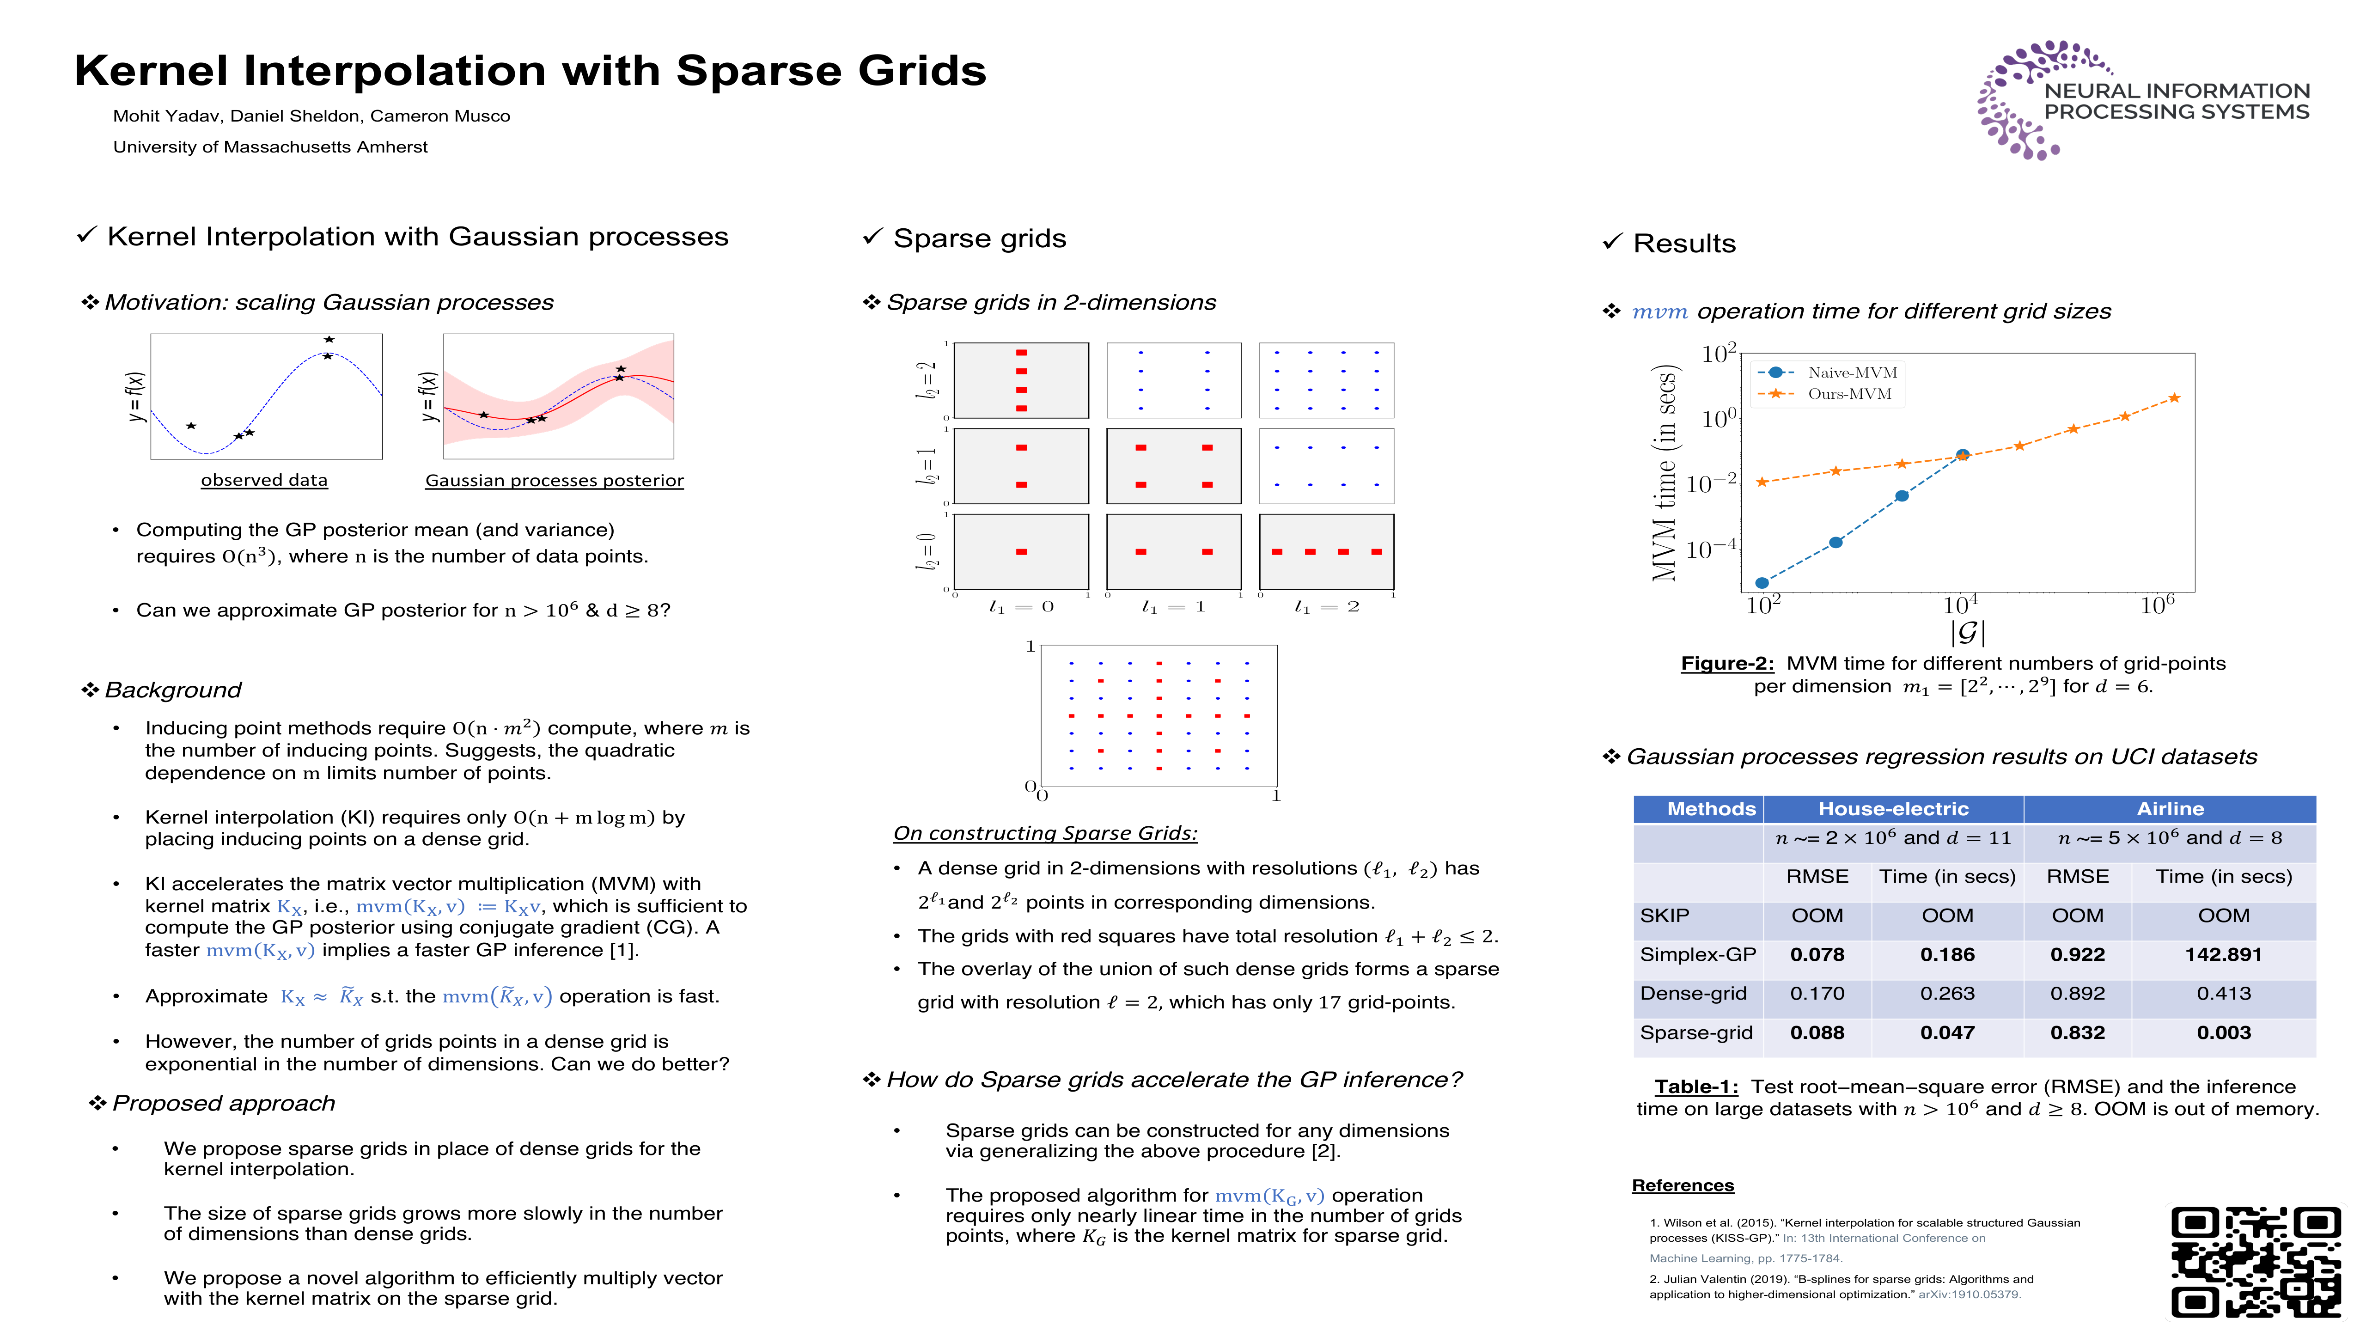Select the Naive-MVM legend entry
(1851, 372)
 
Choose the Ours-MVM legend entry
(1849, 394)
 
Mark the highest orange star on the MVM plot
(2174, 398)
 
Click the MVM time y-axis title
(1664, 473)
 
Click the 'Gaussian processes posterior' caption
(554, 481)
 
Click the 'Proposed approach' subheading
(223, 1103)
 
